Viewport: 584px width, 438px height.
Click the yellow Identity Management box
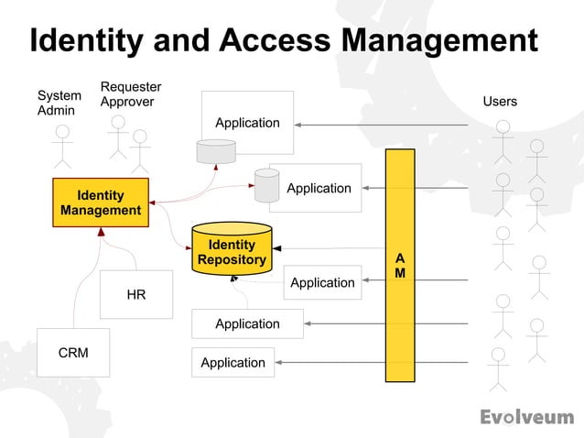pos(101,203)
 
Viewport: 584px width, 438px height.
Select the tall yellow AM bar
pos(400,265)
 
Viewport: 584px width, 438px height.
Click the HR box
pos(135,294)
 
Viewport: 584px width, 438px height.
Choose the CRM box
pos(73,353)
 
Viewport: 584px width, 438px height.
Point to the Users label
pos(500,102)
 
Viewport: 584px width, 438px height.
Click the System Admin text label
pos(58,103)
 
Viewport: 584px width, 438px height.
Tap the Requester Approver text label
pos(127,94)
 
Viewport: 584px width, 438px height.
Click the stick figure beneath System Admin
pos(61,146)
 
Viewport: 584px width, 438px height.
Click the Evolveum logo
pos(526,417)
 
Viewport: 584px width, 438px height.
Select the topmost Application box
pos(247,122)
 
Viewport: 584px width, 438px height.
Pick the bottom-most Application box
pos(233,363)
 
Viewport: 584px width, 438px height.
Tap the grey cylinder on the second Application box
pos(267,185)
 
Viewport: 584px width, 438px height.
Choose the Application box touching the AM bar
pos(322,282)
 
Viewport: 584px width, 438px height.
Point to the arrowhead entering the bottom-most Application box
pos(279,363)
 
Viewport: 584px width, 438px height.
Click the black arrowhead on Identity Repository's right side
pos(277,248)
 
